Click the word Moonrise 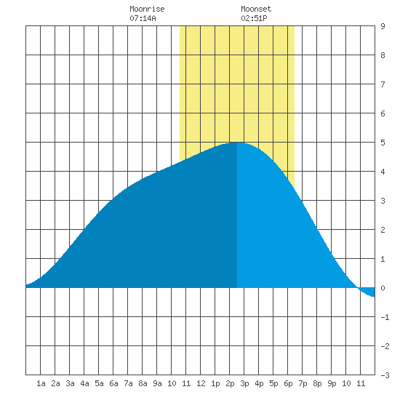point(147,9)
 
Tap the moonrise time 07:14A point(143,18)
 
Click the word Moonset point(256,9)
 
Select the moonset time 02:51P point(254,18)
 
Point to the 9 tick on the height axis point(383,26)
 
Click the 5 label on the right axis point(383,143)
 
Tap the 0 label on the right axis point(383,288)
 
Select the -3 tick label point(385,375)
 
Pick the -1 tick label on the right point(385,317)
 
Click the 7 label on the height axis point(383,84)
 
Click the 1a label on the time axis point(41,383)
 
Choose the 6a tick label point(113,383)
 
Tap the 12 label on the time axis point(201,383)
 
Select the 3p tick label point(244,383)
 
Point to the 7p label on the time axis point(303,383)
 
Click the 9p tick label point(332,383)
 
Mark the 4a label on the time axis point(84,383)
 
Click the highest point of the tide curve point(237,143)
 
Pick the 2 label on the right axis point(383,230)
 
